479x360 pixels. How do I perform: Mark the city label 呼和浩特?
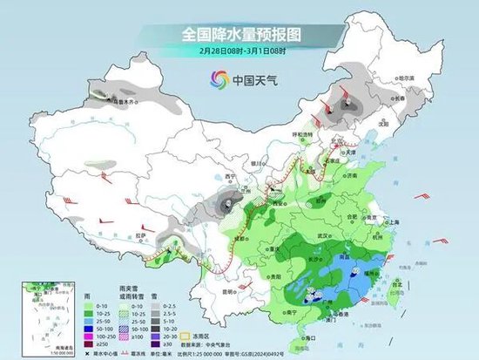coord(301,134)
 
